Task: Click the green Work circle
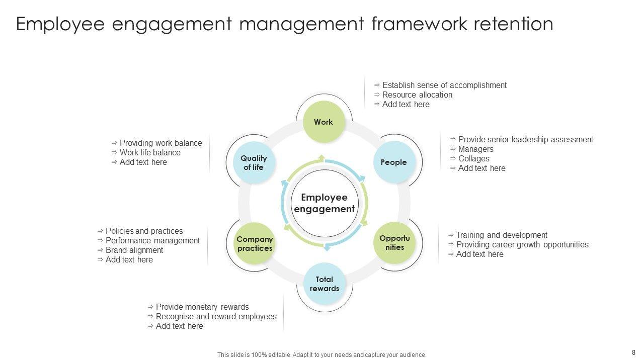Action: coord(324,122)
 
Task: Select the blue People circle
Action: coord(393,162)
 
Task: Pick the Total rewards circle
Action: coord(324,284)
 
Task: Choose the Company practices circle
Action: coord(255,244)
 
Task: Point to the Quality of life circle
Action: coord(254,162)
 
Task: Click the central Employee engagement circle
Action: coord(324,203)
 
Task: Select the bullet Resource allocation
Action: coord(417,95)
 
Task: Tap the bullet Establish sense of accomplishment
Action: coord(444,85)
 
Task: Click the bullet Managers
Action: coord(475,149)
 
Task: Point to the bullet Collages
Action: coord(473,158)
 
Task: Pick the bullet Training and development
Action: coord(502,235)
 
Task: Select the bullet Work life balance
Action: coord(150,152)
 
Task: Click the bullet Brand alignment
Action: coord(134,250)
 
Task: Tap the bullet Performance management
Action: coord(152,240)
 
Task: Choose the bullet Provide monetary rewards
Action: coord(202,307)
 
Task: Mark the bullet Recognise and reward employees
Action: coord(216,316)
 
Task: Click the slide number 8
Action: coord(633,352)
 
